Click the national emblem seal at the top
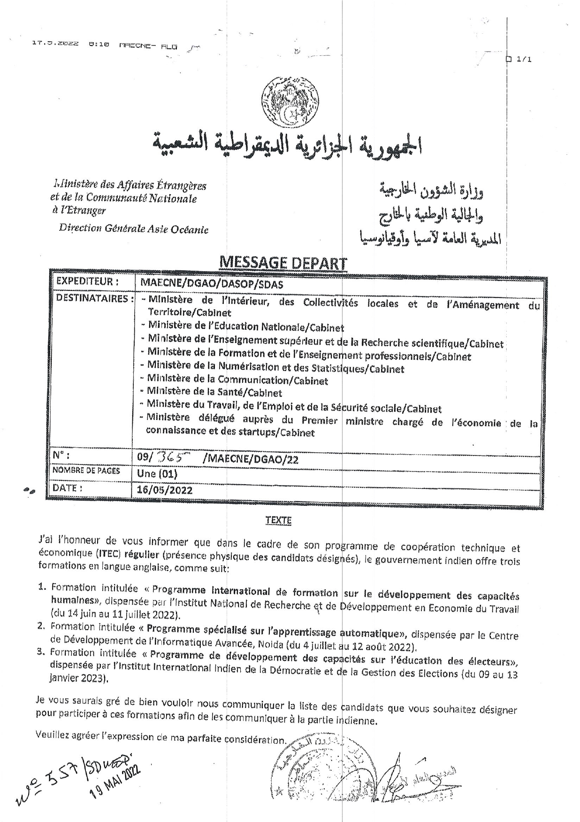pyautogui.click(x=290, y=102)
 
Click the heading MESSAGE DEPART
pyautogui.click(x=283, y=264)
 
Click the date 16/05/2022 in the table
pyautogui.click(x=165, y=490)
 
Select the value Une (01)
pyautogui.click(x=157, y=473)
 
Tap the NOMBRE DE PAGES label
pyautogui.click(x=86, y=471)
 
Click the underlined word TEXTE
pyautogui.click(x=278, y=520)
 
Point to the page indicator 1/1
pyautogui.click(x=522, y=59)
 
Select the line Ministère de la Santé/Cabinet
pyautogui.click(x=214, y=392)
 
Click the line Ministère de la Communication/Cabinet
pyautogui.click(x=237, y=380)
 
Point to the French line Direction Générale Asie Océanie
pyautogui.click(x=133, y=229)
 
